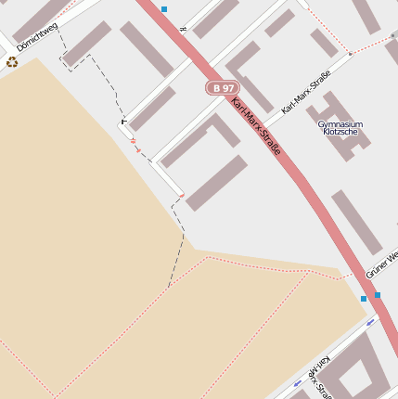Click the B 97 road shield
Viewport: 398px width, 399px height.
point(222,87)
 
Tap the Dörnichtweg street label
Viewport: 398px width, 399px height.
point(37,36)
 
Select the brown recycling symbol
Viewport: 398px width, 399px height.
point(12,62)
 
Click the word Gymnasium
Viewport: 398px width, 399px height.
point(340,123)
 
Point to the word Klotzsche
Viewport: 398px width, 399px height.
point(340,132)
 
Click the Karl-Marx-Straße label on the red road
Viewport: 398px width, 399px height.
point(256,125)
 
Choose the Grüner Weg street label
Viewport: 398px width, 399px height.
point(381,264)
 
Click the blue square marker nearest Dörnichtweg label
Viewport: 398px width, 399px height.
point(164,9)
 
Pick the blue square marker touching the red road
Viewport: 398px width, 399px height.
point(377,295)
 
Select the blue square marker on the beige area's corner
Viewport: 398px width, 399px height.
point(364,299)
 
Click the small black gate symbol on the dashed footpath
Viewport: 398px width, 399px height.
point(123,121)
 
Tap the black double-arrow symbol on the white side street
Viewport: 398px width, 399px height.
point(183,30)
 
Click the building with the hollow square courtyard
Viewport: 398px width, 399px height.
point(357,371)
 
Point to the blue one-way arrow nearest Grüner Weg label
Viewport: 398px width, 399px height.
point(371,322)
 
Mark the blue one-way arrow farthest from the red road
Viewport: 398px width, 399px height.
point(297,381)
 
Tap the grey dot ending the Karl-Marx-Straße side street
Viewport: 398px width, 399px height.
point(351,55)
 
